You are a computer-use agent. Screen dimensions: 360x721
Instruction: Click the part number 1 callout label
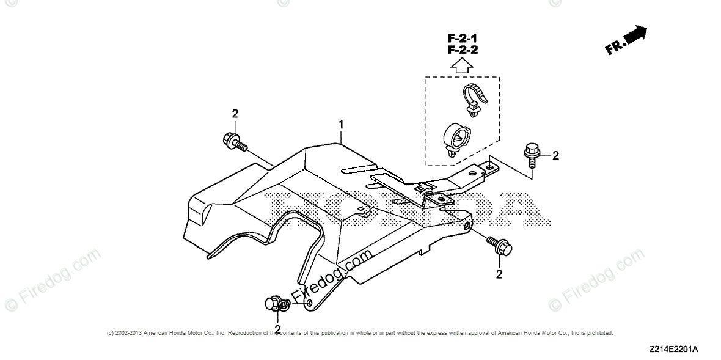(x=342, y=125)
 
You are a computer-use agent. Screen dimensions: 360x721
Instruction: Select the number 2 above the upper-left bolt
(x=235, y=114)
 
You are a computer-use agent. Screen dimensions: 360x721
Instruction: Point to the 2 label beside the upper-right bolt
(x=555, y=155)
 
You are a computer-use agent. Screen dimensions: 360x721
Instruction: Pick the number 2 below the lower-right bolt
(x=499, y=274)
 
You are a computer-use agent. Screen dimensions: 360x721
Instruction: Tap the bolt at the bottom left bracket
(x=274, y=304)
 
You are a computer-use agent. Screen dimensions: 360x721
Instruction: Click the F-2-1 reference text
(x=461, y=39)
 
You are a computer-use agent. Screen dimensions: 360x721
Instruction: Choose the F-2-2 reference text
(x=461, y=50)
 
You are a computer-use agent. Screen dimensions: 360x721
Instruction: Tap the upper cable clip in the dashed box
(x=474, y=100)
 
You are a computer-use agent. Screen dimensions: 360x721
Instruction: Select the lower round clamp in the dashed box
(x=455, y=138)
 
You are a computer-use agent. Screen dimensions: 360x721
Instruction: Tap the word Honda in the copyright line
(x=185, y=333)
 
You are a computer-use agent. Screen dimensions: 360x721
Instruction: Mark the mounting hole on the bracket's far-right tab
(x=489, y=164)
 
